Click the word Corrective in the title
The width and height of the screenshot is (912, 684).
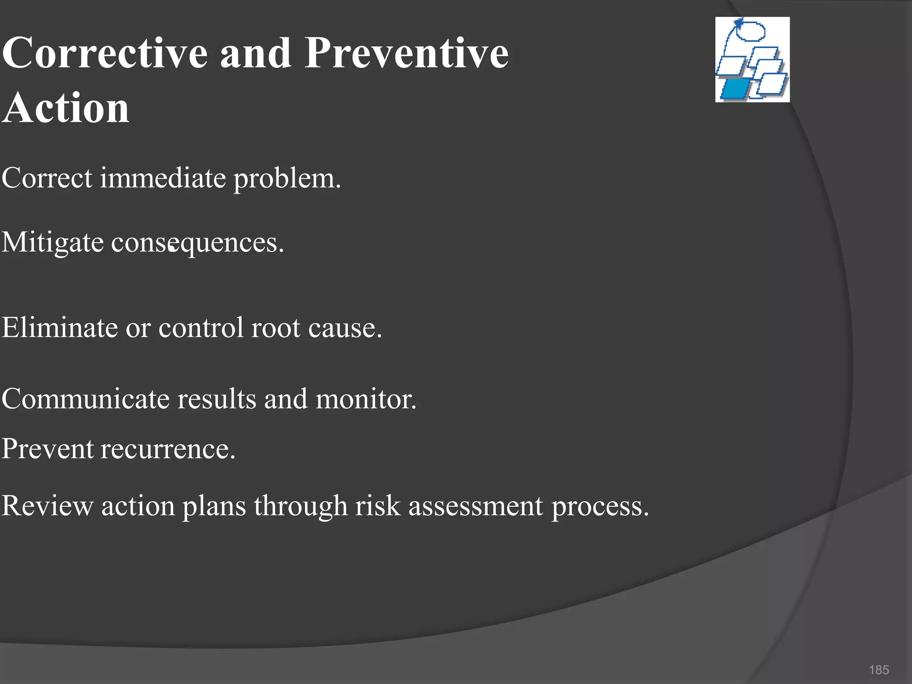coord(105,53)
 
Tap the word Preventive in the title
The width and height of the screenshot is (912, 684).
coord(406,53)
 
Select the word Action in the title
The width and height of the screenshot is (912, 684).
coord(66,108)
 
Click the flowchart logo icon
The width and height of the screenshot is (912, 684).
coord(752,60)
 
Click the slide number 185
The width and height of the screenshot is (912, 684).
coord(879,670)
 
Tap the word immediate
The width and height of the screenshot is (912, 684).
coord(163,178)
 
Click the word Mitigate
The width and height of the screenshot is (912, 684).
coord(53,243)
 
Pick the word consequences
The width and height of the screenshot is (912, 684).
coord(197,243)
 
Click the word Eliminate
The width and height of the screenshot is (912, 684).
coord(60,328)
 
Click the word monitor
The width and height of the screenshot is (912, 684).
coord(366,399)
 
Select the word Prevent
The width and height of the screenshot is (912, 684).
coord(47,448)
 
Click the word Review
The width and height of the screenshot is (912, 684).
coord(47,506)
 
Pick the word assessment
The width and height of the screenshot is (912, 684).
coord(476,507)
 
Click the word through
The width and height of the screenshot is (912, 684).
coord(301,507)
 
